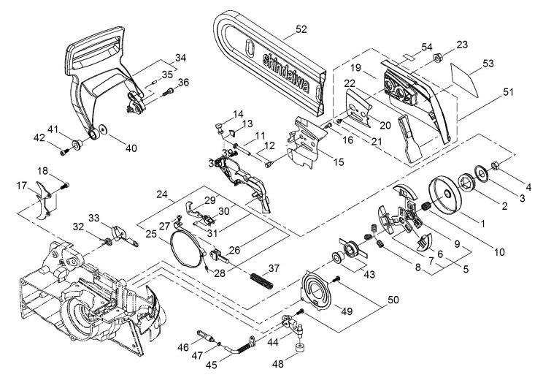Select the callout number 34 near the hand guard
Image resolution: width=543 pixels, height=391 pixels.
point(180,57)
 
